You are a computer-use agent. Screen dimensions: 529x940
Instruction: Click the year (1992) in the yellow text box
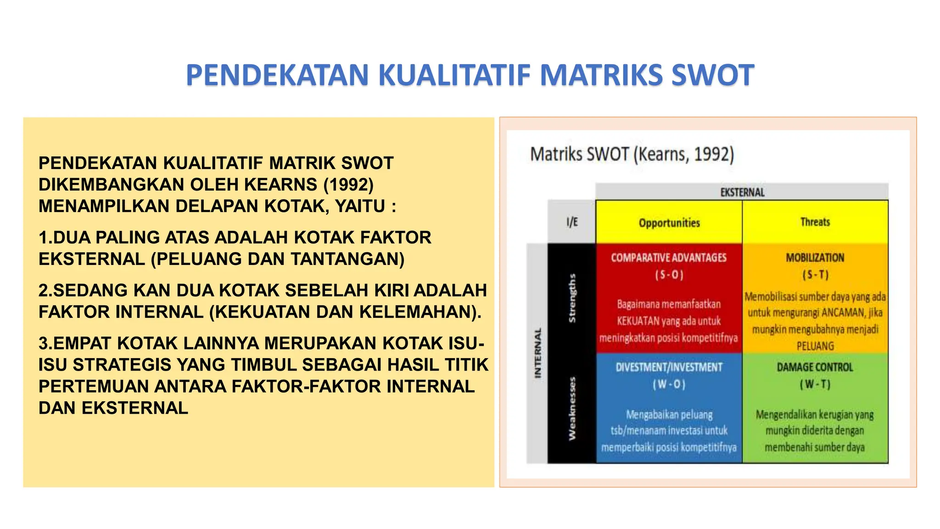(x=348, y=185)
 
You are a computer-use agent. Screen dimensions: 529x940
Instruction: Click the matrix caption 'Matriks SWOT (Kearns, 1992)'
(x=632, y=154)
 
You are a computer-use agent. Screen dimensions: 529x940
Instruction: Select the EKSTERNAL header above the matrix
(x=742, y=192)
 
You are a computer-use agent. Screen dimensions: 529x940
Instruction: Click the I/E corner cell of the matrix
(x=572, y=222)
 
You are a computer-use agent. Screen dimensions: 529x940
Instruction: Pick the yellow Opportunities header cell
(x=669, y=223)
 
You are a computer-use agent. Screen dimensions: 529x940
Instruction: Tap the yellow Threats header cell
(x=815, y=222)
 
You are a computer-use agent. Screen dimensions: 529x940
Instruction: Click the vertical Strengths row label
(x=572, y=298)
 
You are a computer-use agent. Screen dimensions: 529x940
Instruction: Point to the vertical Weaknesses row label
(x=572, y=408)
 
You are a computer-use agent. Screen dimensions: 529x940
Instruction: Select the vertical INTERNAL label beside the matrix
(x=537, y=353)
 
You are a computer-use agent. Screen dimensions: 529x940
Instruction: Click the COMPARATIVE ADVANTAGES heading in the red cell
(x=669, y=258)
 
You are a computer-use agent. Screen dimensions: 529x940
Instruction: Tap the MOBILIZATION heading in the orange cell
(x=815, y=258)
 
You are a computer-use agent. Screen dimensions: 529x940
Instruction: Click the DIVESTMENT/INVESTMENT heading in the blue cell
(x=669, y=367)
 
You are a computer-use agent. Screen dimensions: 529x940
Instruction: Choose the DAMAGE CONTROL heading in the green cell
(x=815, y=367)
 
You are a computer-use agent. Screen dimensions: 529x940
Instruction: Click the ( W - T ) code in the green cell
(x=815, y=384)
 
